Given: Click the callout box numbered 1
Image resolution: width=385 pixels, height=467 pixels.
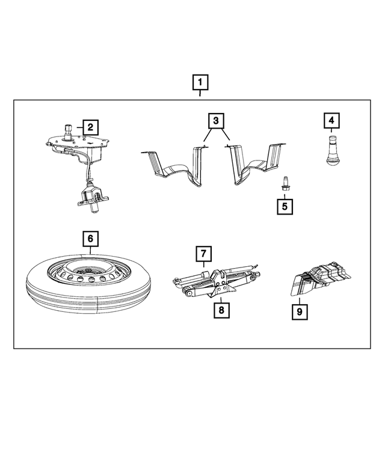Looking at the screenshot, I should (x=200, y=82).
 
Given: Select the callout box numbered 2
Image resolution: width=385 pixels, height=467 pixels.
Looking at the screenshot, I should (x=90, y=127).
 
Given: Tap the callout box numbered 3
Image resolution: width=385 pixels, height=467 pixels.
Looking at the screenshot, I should (x=215, y=121).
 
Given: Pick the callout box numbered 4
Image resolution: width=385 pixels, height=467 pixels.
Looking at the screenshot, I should (x=330, y=121).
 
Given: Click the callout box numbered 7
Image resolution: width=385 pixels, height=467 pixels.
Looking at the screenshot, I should (x=204, y=254).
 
